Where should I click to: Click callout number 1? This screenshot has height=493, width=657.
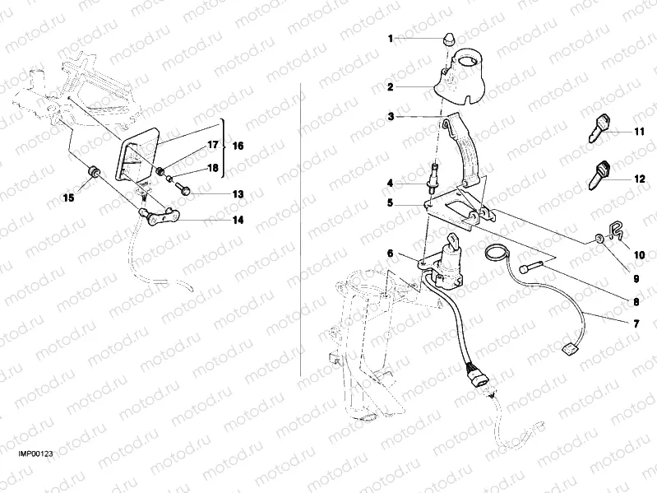tap(391, 38)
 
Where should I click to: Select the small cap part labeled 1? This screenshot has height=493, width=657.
tap(451, 39)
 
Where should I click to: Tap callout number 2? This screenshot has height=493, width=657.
tap(391, 86)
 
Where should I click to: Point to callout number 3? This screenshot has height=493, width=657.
tap(391, 118)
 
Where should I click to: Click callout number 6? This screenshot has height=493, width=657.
tap(391, 254)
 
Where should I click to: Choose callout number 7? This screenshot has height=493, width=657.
tap(636, 323)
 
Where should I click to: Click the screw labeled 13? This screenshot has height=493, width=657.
tap(184, 189)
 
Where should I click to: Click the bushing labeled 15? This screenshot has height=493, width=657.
tap(94, 171)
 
